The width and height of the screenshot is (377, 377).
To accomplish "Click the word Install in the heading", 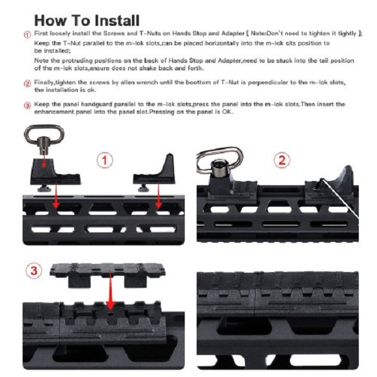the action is [x=117, y=21].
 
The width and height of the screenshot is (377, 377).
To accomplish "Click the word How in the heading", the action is [x=50, y=21].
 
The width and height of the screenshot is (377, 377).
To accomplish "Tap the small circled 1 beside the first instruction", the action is [x=28, y=35].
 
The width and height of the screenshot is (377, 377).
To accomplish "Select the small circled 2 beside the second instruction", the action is [x=28, y=84].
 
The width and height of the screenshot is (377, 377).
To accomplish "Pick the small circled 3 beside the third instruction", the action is [x=28, y=106].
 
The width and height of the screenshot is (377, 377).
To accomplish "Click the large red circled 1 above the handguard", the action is [x=105, y=160].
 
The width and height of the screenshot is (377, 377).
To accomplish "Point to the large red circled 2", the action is [x=282, y=160].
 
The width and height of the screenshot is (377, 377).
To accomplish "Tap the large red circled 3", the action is [x=34, y=270].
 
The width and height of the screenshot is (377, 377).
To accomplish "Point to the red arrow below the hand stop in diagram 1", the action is [x=158, y=195].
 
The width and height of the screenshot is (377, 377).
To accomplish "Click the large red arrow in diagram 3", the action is [x=111, y=290].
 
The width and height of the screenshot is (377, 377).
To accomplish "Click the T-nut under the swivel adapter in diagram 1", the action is [x=45, y=188].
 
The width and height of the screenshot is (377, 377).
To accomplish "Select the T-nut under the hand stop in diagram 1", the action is [x=145, y=188].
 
